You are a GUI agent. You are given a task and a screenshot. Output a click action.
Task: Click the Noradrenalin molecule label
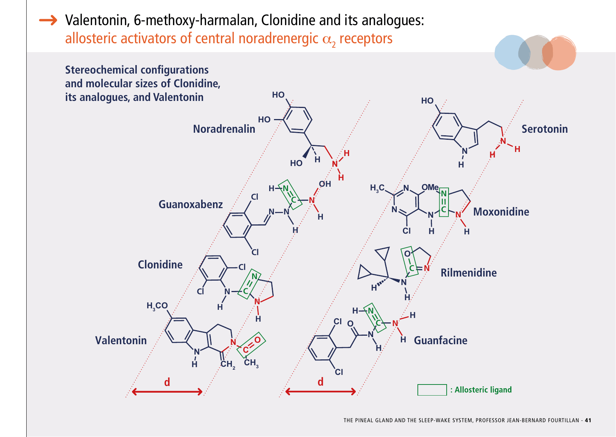point(224,129)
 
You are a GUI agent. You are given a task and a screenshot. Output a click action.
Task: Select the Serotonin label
point(544,129)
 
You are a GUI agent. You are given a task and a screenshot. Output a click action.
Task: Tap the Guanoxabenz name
point(190,204)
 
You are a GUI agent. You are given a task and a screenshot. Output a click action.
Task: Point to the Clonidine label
point(160,265)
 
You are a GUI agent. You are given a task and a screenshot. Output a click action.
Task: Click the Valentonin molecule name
point(121,341)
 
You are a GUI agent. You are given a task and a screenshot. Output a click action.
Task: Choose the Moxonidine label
point(501,212)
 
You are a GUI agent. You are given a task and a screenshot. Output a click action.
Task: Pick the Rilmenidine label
point(468,273)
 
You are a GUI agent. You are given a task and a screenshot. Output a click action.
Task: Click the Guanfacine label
point(440,341)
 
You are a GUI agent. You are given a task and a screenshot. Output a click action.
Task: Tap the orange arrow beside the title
point(48,20)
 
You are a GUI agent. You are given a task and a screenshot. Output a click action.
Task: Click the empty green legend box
point(432,390)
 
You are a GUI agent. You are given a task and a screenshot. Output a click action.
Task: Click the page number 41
point(588,420)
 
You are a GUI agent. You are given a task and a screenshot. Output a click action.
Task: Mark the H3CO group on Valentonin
point(157,306)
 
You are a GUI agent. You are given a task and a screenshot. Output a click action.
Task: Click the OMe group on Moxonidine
point(430,187)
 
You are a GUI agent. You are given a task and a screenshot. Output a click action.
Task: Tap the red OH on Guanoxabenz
point(325,184)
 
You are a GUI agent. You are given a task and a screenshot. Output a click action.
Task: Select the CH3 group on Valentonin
point(251,363)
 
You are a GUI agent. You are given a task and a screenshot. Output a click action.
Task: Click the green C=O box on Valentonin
point(251,345)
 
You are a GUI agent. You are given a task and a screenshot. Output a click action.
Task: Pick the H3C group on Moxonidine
point(377,188)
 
